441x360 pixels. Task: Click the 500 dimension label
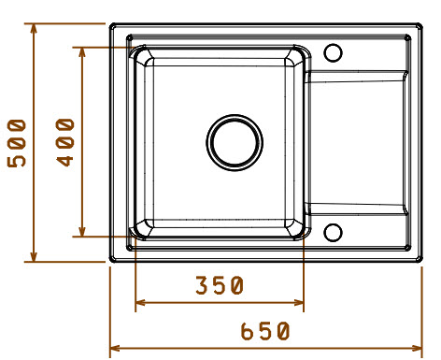coord(17,143)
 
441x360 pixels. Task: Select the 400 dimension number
coord(65,142)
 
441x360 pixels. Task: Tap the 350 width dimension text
coord(220,285)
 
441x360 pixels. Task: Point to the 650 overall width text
coord(265,331)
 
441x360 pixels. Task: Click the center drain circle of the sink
coord(235,142)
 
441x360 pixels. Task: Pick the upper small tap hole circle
coord(333,52)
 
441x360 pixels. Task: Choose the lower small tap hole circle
coord(333,233)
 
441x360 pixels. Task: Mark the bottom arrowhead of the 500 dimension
coord(34,256)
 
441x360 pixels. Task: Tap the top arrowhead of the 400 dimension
coord(82,52)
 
